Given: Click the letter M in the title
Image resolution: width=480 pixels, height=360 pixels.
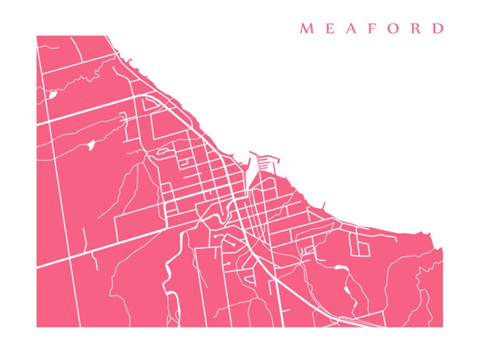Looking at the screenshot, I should pyautogui.click(x=306, y=28).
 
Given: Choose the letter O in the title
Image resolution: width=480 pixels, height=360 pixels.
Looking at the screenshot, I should pyautogui.click(x=394, y=28).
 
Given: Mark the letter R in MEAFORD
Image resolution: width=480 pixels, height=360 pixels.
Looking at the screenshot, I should pyautogui.click(x=417, y=28).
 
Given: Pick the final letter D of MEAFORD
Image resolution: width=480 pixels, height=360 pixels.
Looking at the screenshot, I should pyautogui.click(x=438, y=28).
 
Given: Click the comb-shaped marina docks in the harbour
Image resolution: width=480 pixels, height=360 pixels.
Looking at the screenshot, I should pyautogui.click(x=268, y=162).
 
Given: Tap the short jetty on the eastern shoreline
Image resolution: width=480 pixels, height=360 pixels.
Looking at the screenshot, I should pyautogui.click(x=324, y=205).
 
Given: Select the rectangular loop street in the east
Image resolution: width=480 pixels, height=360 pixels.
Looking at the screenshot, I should pyautogui.click(x=363, y=245).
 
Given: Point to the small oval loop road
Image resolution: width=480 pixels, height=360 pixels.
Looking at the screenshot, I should pyautogui.click(x=163, y=152).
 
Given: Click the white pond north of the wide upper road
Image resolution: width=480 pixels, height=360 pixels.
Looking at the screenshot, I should pyautogui.click(x=53, y=95).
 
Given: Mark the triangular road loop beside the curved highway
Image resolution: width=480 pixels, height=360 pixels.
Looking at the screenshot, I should pyautogui.click(x=150, y=104).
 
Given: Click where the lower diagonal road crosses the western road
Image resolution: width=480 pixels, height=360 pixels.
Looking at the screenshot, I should pyautogui.click(x=72, y=257).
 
